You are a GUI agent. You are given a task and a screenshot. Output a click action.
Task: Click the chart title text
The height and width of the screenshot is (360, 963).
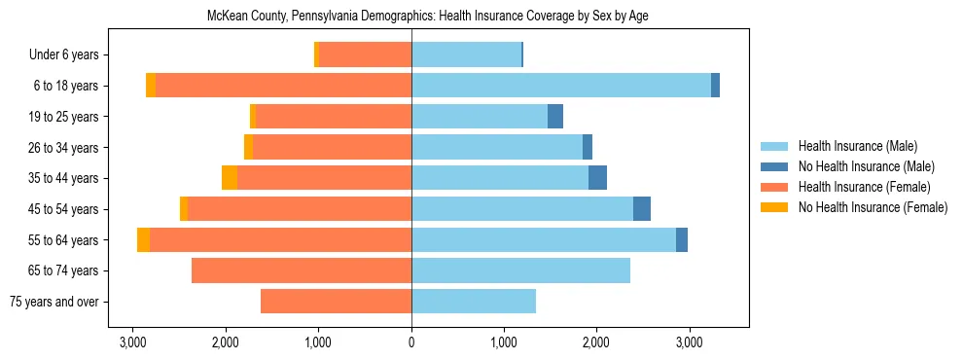[427, 17]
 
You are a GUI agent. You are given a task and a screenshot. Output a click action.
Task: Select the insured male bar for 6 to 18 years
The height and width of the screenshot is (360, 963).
[561, 86]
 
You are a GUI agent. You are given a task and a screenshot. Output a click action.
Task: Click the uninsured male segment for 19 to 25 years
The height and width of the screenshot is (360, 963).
[555, 117]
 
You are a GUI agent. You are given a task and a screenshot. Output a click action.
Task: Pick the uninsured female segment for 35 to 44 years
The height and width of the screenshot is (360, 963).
[230, 178]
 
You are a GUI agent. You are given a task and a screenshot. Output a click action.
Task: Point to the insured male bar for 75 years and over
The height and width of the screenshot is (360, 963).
[474, 302]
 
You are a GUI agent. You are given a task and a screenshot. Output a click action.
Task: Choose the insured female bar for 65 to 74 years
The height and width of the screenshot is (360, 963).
[302, 270]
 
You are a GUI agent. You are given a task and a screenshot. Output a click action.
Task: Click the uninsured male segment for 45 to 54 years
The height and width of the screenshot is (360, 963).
[642, 209]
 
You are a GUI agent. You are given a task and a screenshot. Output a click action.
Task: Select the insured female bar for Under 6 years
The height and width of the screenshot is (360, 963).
[365, 54]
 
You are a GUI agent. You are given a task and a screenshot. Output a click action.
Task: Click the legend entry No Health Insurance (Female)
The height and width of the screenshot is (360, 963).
[873, 207]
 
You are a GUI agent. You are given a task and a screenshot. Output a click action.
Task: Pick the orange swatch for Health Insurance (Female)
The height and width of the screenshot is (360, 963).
[775, 187]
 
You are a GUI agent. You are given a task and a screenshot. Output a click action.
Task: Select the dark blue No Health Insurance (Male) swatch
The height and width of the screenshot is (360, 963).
[775, 166]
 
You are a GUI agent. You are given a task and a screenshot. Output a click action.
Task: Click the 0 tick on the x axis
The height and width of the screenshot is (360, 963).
[411, 342]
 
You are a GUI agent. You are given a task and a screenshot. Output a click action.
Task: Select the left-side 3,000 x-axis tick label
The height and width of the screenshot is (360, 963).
[133, 342]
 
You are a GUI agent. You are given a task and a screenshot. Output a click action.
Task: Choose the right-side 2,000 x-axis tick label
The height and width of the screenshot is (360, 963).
[596, 342]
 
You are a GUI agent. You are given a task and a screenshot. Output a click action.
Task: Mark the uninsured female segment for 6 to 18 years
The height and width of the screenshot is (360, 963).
[151, 86]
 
